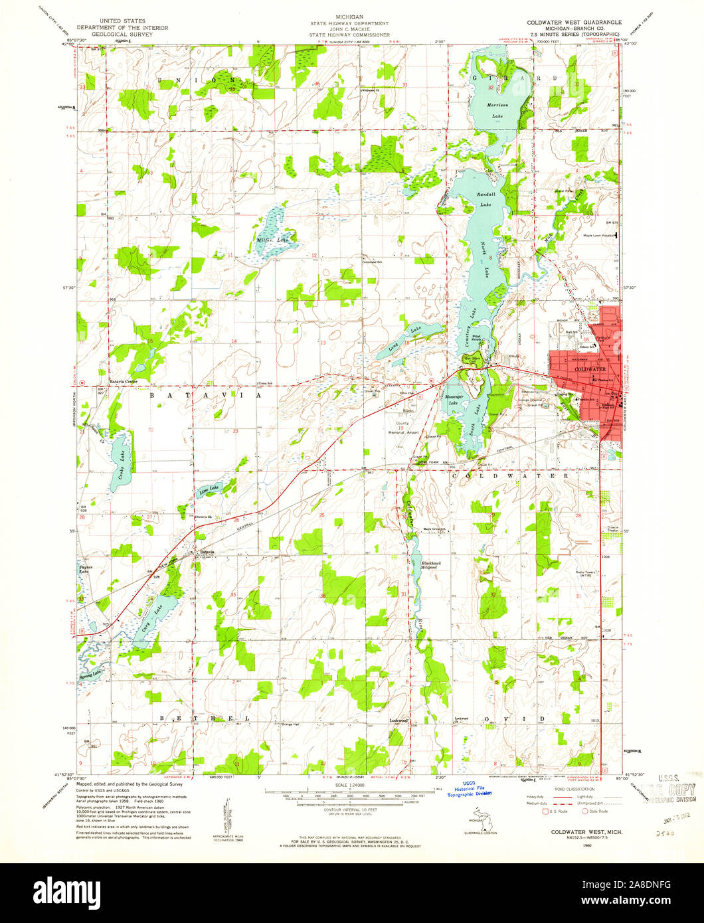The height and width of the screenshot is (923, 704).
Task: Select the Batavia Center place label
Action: (122, 382)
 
